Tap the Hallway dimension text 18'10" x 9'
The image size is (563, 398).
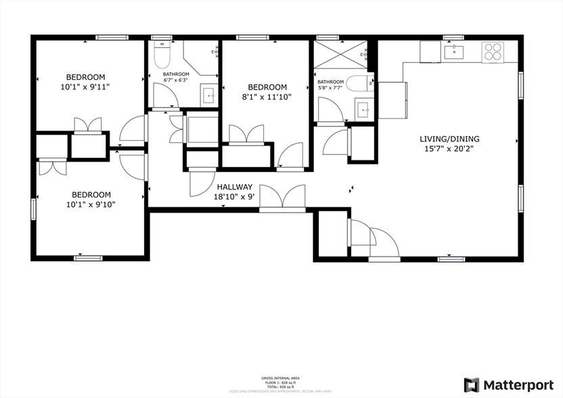coord(235,197)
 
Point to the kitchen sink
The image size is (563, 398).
coord(453,51)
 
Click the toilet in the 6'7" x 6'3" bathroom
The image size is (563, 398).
coord(162,51)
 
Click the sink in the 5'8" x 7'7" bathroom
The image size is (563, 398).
coord(364,109)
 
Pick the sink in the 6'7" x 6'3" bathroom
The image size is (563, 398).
coord(208,96)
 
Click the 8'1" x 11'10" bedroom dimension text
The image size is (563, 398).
coord(267,97)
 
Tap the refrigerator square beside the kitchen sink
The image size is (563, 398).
coord(429,51)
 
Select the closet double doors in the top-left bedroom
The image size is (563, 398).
coord(88,125)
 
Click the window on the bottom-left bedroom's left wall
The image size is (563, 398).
coord(33,208)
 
